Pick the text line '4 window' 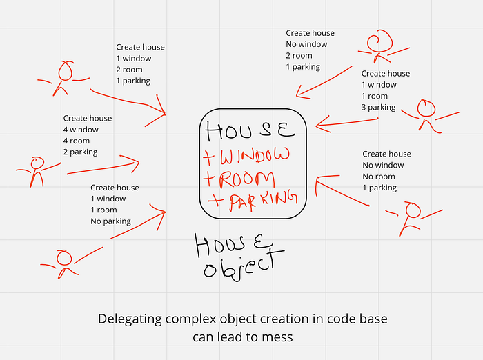(x=81, y=130)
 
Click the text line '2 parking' (x=80, y=152)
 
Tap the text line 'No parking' (x=110, y=221)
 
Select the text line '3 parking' (x=379, y=108)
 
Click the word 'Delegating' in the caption (x=128, y=319)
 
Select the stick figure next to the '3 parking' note (x=429, y=114)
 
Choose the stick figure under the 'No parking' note (x=62, y=261)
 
